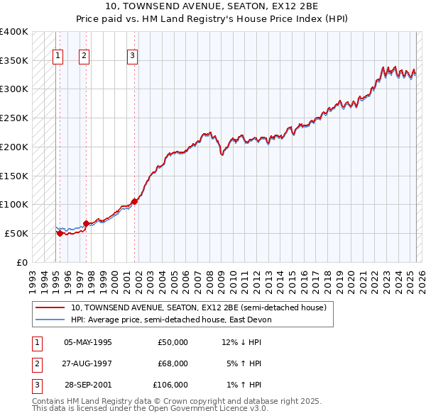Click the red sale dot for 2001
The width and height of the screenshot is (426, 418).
coord(135,200)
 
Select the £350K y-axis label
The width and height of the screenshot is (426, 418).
coord(14,60)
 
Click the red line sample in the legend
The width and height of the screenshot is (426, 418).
coord(50,307)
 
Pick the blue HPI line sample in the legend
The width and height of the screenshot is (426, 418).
coord(50,320)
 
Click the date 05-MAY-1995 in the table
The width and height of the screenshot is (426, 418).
coord(88,342)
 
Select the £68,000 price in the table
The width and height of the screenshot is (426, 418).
coord(173,363)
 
